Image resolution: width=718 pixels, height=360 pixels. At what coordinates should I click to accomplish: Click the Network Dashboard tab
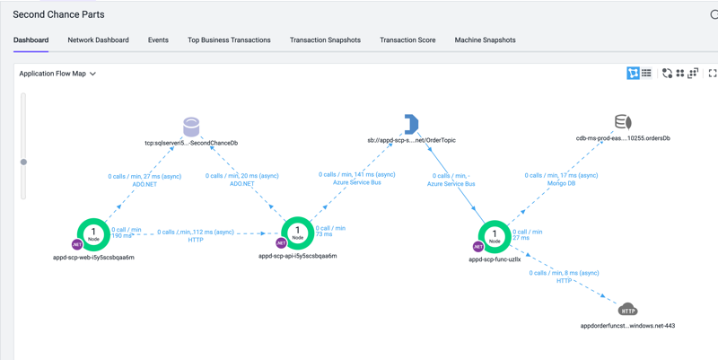pyautogui.click(x=98, y=40)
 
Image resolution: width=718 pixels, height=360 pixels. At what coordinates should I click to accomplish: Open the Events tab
pyautogui.click(x=158, y=40)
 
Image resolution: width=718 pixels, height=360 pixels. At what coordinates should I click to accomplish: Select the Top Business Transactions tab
pyautogui.click(x=229, y=40)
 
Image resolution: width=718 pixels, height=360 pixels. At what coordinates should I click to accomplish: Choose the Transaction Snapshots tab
pyautogui.click(x=325, y=40)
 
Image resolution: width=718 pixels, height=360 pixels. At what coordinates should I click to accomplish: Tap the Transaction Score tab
pyautogui.click(x=407, y=40)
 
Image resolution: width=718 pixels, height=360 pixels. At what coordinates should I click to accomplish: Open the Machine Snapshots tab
pyautogui.click(x=485, y=40)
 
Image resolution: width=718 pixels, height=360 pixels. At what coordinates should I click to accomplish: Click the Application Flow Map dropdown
pyautogui.click(x=57, y=74)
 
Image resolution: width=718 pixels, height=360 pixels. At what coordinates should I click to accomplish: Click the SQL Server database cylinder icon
pyautogui.click(x=191, y=126)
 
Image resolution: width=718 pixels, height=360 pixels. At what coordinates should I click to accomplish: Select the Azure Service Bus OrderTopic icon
pyautogui.click(x=411, y=124)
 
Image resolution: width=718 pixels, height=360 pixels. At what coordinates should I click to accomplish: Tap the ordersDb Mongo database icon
pyautogui.click(x=623, y=122)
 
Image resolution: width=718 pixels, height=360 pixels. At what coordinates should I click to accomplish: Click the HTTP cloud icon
pyautogui.click(x=628, y=310)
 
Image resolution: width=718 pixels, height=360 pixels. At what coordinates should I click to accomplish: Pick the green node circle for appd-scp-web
pyautogui.click(x=93, y=235)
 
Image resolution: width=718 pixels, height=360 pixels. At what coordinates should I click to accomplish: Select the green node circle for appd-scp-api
pyautogui.click(x=297, y=235)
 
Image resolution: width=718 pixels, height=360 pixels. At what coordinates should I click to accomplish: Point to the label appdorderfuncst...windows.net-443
pyautogui.click(x=627, y=326)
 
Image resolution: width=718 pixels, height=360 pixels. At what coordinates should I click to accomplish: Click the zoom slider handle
pyautogui.click(x=23, y=162)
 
